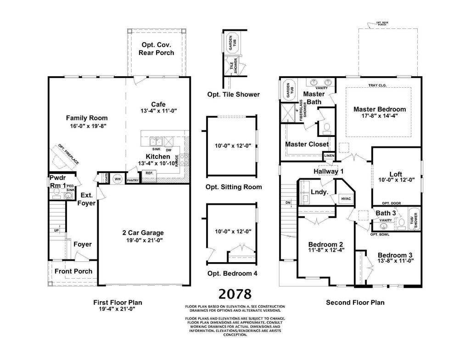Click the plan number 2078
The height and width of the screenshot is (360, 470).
tap(235, 294)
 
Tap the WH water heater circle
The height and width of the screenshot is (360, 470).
tap(117, 179)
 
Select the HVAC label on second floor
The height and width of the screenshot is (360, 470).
tap(346, 198)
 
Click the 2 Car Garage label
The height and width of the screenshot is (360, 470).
tap(143, 233)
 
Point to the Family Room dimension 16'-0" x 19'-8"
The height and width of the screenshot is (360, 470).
tap(87, 125)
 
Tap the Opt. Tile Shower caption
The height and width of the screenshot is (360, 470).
tap(234, 95)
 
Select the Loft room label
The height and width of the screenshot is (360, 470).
tap(396, 174)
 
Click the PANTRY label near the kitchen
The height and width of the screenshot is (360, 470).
tap(133, 180)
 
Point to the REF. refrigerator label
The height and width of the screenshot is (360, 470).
tap(149, 173)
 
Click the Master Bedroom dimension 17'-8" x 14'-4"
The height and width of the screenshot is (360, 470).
tap(380, 117)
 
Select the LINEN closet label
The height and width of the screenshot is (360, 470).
tap(329, 156)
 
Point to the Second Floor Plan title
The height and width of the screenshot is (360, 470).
tap(355, 303)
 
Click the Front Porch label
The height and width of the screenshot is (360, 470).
tap(73, 271)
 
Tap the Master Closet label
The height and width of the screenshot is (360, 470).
tap(307, 144)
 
